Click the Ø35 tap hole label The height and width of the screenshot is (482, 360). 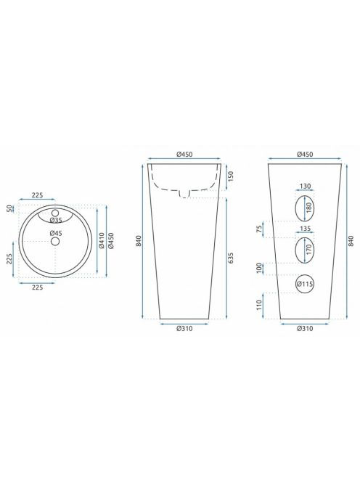tap(56, 220)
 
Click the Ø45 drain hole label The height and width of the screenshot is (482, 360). tap(56, 233)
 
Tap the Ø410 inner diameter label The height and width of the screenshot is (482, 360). tap(102, 241)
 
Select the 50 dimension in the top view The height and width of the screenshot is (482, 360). tap(10, 208)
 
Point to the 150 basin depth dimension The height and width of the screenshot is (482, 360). tap(232, 176)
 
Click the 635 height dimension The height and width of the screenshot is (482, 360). tap(232, 258)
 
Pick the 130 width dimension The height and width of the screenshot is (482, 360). tap(305, 186)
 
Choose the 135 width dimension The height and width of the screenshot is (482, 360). tap(305, 229)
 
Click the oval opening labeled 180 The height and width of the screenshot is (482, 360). tap(295, 208)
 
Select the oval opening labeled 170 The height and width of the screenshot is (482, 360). tap(295, 250)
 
